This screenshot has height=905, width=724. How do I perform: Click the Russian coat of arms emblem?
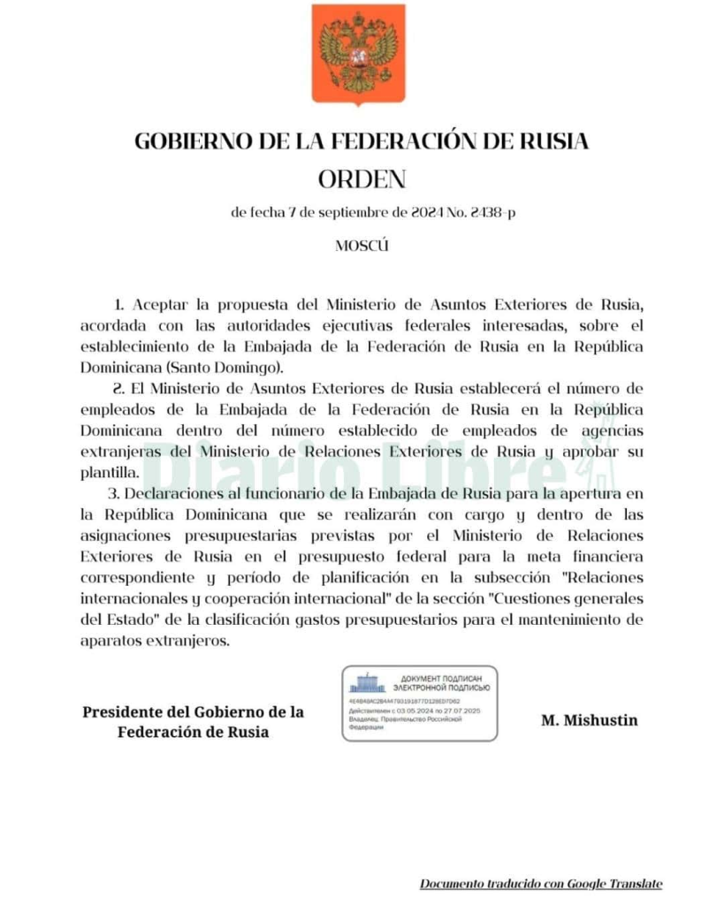(358, 52)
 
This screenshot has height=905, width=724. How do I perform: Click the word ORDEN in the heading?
(361, 179)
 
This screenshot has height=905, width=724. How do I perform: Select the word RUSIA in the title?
(553, 141)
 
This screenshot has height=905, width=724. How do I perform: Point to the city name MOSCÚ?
(362, 246)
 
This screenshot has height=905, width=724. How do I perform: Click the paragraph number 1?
(118, 305)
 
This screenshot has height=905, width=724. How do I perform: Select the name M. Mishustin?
(589, 720)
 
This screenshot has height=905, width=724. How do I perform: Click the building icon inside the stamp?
(366, 681)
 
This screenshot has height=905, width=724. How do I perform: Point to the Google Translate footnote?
(540, 884)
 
